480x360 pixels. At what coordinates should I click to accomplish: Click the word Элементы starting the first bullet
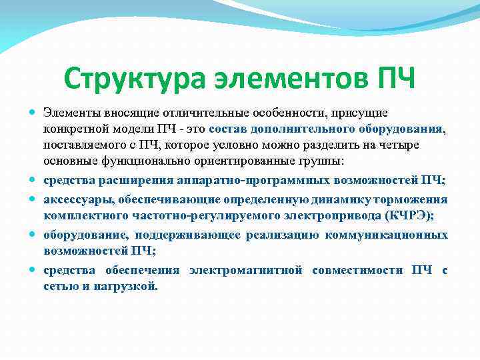[70, 114]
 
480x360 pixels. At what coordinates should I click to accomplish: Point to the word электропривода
[320, 215]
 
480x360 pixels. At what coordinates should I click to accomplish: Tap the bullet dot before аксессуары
[33, 200]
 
